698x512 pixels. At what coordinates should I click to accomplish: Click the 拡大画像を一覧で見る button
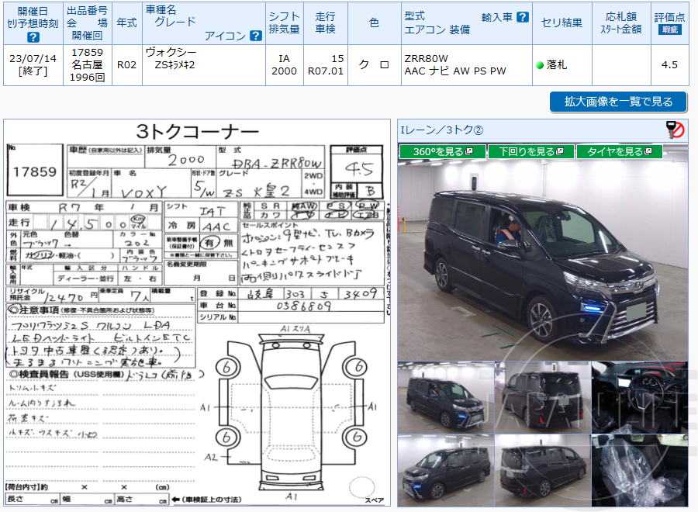pyautogui.click(x=618, y=102)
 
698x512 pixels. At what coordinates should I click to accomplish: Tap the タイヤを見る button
pyautogui.click(x=619, y=151)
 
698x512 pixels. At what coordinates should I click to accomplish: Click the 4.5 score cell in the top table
pyautogui.click(x=669, y=65)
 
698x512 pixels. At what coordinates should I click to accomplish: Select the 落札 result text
pyautogui.click(x=556, y=65)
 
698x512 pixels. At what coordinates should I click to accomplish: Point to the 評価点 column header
pyautogui.click(x=669, y=22)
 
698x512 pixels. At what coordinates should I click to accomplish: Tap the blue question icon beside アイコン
pyautogui.click(x=255, y=36)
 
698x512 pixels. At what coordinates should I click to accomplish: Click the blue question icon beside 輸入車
pyautogui.click(x=523, y=17)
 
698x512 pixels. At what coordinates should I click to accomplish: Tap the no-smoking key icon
pyautogui.click(x=675, y=130)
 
